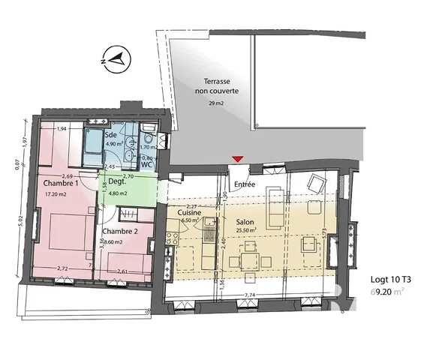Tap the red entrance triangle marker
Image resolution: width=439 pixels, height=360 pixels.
[x=237, y=158]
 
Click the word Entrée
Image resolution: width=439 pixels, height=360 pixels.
[x=245, y=184]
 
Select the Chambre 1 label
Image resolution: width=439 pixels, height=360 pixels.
[x=61, y=184]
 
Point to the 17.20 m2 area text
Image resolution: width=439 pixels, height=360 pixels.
[x=57, y=194]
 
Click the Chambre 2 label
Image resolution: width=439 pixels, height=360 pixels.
[x=119, y=231]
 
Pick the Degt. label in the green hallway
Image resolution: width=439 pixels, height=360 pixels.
[x=116, y=182]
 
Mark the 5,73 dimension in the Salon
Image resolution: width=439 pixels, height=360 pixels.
[x=324, y=234]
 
